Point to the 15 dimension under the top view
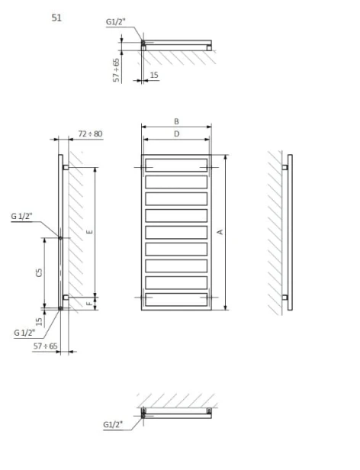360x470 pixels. [x=154, y=75]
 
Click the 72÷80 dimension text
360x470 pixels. [x=90, y=134]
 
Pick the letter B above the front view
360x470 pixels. [x=176, y=121]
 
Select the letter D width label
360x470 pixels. [x=176, y=134]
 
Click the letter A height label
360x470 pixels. [x=220, y=231]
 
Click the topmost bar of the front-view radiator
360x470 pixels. [x=176, y=166]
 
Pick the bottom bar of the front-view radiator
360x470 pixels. [x=176, y=301]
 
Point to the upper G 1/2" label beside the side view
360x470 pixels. [x=23, y=216]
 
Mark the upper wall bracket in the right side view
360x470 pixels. [x=285, y=166]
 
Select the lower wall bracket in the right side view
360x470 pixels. [x=285, y=297]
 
